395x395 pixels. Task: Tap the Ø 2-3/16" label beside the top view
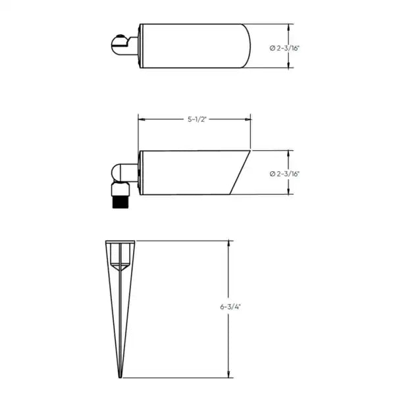284,47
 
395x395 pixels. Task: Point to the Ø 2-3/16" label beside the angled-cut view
284,174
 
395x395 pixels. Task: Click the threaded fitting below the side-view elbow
119,196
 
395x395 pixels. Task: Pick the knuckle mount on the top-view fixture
122,45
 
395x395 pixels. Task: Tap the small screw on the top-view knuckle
120,37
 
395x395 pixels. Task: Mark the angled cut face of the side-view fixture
240,173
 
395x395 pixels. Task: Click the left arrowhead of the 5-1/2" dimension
140,119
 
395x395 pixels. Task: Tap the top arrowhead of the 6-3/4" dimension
228,243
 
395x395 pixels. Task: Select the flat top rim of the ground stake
121,242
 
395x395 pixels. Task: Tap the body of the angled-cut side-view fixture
184,173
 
